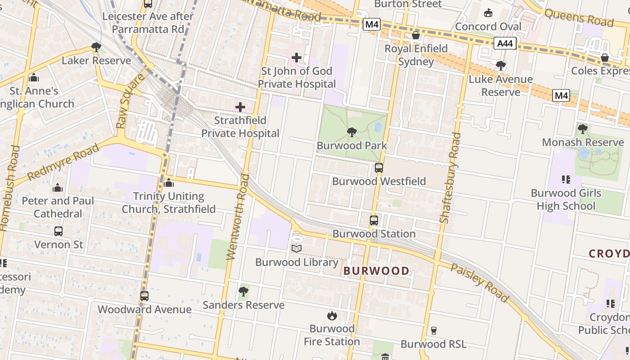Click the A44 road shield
505,44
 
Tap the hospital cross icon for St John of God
297,58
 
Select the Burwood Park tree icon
352,132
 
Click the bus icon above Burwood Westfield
379,168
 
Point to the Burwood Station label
374,234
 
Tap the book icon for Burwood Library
297,248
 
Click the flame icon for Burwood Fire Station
332,315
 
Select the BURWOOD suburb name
377,271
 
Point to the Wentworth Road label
238,216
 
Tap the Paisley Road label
480,283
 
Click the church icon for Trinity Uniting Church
169,183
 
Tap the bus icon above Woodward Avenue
144,296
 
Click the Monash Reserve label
583,143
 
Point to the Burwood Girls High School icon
566,180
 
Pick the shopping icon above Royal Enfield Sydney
416,35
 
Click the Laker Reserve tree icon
96,47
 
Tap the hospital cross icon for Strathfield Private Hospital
240,107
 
